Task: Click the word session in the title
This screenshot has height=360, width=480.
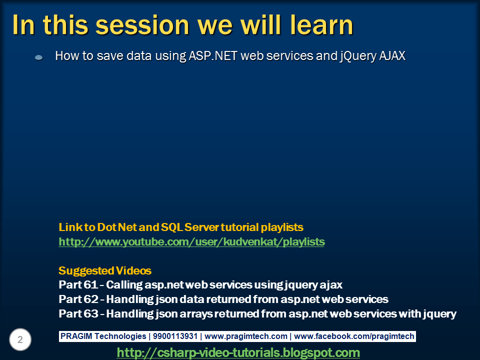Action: click(x=142, y=25)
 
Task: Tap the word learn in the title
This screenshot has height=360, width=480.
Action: click(x=321, y=24)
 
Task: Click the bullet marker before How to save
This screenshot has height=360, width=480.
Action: click(x=39, y=57)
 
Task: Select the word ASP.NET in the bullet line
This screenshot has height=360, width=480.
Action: click(x=213, y=55)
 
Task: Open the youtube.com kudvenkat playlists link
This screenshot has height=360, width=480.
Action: click(x=191, y=242)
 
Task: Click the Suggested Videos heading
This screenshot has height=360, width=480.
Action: click(x=105, y=270)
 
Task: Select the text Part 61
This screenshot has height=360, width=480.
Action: click(x=78, y=284)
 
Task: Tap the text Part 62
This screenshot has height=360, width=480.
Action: click(x=78, y=299)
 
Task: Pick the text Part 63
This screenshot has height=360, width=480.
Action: click(x=78, y=313)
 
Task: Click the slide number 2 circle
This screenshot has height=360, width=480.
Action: click(x=20, y=339)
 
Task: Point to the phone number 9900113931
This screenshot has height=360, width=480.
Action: click(x=175, y=336)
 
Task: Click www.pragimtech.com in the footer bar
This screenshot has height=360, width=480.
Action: click(x=246, y=336)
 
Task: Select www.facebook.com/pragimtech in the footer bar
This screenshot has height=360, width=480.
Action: click(x=354, y=336)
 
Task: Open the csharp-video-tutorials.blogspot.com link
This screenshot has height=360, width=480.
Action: click(x=238, y=352)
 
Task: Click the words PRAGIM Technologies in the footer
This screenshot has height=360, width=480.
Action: click(x=103, y=336)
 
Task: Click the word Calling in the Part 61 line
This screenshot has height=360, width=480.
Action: click(x=124, y=285)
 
